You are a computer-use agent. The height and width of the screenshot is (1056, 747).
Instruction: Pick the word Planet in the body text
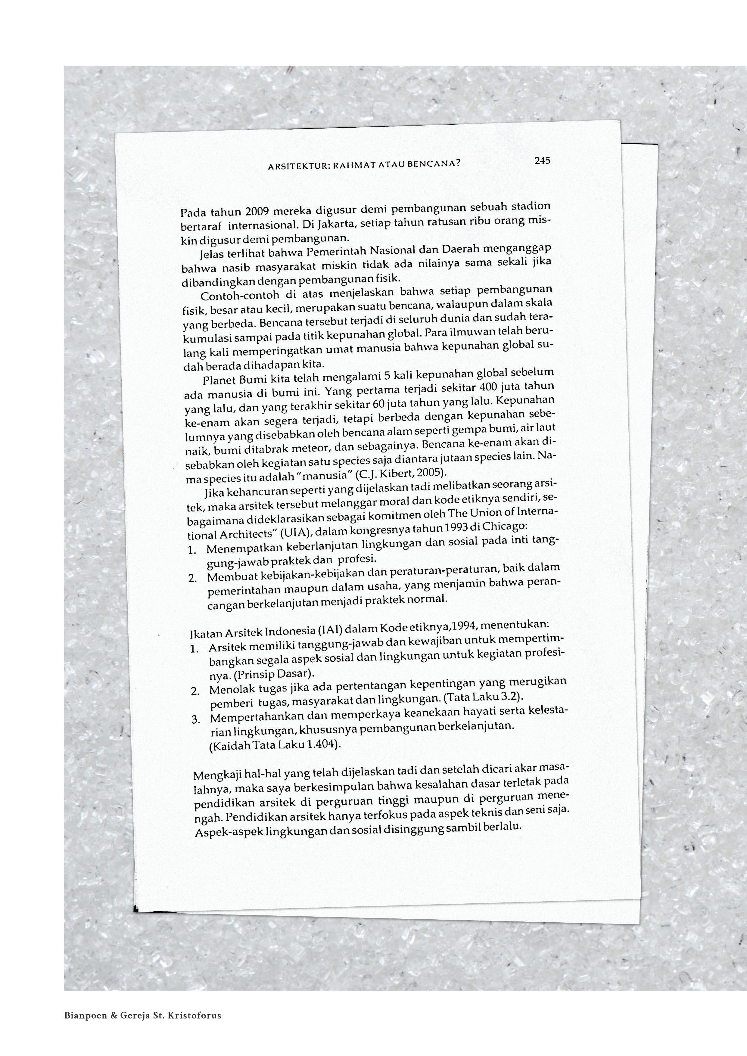tap(219, 381)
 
